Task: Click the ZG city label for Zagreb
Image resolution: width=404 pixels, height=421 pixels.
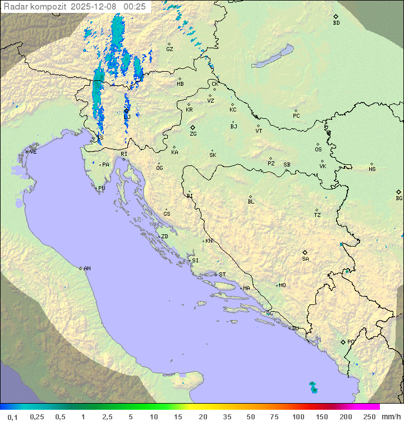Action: (x=193, y=134)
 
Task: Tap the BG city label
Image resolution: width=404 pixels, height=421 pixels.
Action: (x=399, y=198)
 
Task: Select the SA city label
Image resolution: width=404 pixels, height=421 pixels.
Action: (x=305, y=258)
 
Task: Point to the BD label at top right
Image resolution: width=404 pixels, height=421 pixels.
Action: (x=336, y=23)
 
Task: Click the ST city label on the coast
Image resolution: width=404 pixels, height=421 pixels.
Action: (x=222, y=275)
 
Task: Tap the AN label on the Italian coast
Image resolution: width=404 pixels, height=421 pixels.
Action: (x=87, y=269)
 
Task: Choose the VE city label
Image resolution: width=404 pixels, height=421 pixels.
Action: (x=33, y=152)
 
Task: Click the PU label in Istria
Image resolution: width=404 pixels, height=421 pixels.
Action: (x=102, y=188)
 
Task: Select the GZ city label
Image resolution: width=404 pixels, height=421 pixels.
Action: (x=169, y=49)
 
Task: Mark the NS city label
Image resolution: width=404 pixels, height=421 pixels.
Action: (x=372, y=169)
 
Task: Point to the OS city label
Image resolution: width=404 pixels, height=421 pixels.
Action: (x=318, y=150)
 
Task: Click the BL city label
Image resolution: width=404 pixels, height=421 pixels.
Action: (x=251, y=201)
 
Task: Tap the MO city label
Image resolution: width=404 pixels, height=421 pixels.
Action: (x=282, y=285)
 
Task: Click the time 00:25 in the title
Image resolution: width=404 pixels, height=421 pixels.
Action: (x=135, y=7)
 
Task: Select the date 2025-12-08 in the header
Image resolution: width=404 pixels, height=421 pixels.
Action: (x=95, y=7)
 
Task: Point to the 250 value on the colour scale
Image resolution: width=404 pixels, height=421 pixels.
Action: (x=369, y=417)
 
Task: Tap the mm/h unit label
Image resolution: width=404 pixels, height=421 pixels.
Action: (x=391, y=417)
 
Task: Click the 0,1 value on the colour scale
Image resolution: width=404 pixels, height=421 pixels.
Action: (x=12, y=417)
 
